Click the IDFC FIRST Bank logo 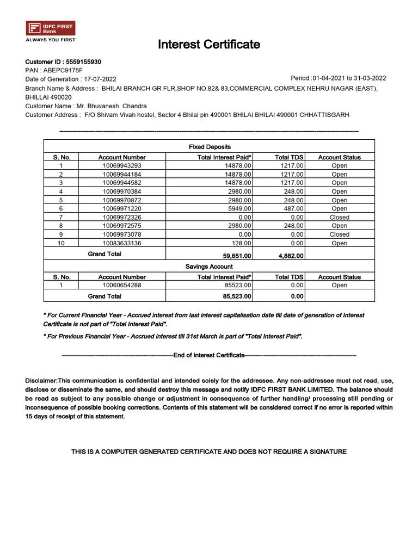point(51,28)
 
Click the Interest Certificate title point(209,45)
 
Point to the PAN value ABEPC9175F point(63,70)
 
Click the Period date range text point(339,78)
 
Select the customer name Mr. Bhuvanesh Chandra point(111,106)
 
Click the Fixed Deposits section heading point(210,147)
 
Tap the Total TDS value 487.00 point(293,208)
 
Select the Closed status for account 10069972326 point(339,217)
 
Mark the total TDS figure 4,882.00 point(291,255)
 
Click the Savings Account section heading point(209,267)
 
